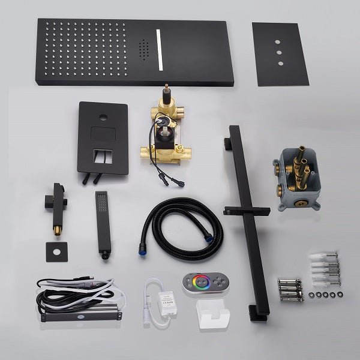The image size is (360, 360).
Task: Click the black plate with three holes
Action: (x=280, y=53)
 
